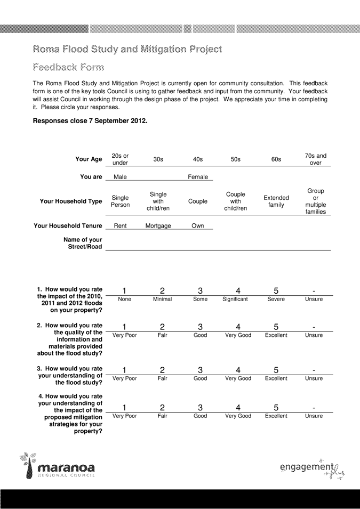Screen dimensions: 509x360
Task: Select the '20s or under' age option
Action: point(120,159)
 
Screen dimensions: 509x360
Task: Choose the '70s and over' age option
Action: point(315,159)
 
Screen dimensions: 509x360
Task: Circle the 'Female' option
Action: point(198,177)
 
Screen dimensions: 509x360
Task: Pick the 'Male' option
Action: point(120,177)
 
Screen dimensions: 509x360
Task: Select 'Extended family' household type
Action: point(276,201)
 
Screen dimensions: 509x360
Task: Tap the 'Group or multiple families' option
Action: point(315,201)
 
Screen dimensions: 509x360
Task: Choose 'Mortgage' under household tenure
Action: point(158,225)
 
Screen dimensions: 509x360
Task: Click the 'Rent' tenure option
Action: point(120,225)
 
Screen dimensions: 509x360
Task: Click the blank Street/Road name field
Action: point(218,244)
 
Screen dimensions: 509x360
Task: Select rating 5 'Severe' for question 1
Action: point(276,291)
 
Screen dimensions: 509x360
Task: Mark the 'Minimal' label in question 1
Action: point(158,300)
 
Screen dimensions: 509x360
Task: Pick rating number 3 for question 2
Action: point(198,327)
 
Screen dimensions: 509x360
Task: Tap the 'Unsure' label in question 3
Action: point(315,377)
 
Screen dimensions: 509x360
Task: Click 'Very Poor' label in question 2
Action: point(120,336)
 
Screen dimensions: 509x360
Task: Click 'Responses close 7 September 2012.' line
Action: point(90,120)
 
